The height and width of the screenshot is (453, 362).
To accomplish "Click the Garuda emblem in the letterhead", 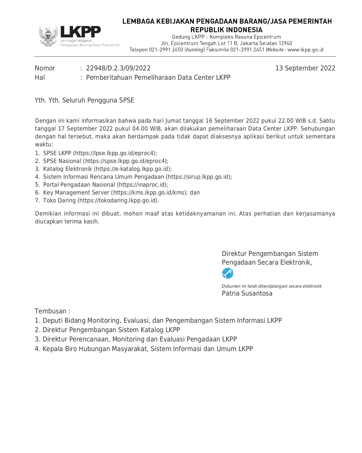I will click(x=48, y=36).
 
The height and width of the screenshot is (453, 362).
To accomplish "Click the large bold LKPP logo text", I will click(x=80, y=32).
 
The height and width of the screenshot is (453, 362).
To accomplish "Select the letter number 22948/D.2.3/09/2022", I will click(x=118, y=68).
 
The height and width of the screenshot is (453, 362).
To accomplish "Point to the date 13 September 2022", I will click(x=305, y=68).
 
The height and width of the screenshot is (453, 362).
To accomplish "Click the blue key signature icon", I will click(x=227, y=273).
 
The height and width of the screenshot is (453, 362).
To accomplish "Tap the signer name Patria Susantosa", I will click(x=247, y=294).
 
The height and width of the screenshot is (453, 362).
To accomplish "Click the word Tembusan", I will click(x=51, y=311).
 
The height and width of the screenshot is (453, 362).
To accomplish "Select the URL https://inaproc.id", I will click(x=142, y=185).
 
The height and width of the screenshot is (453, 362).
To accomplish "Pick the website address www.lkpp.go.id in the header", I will click(x=305, y=50).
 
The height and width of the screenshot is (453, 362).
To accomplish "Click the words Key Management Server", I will click(x=76, y=193).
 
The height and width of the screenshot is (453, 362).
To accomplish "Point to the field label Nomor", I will click(x=45, y=68).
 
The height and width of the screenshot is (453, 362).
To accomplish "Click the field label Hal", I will click(x=40, y=78).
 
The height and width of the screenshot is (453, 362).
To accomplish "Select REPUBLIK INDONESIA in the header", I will click(x=227, y=30).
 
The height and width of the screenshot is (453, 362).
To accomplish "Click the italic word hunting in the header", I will click(x=195, y=50).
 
